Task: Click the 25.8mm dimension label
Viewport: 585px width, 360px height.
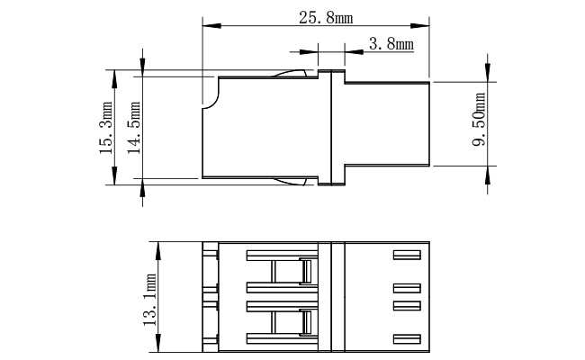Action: click(x=326, y=17)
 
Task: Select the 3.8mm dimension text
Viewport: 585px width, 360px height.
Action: click(x=391, y=44)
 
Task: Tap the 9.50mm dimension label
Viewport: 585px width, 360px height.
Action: click(x=479, y=120)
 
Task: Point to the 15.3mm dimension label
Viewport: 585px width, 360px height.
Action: click(x=106, y=128)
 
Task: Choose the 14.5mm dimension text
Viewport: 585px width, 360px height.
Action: click(x=133, y=128)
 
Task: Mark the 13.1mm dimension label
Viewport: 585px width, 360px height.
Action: click(x=149, y=300)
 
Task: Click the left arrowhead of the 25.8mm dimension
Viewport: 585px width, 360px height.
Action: click(x=211, y=26)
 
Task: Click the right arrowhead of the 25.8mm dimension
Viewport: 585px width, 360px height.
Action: click(x=420, y=26)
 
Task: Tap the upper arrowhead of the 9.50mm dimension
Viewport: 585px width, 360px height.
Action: click(x=488, y=73)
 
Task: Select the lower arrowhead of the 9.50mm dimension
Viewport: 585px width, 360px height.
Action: click(x=488, y=175)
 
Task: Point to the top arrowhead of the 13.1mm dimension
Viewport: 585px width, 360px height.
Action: click(x=158, y=251)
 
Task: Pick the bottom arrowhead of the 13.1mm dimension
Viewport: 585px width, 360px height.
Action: click(x=158, y=343)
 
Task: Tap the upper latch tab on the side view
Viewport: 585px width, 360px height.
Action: click(x=289, y=74)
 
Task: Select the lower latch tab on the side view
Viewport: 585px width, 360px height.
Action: click(x=289, y=181)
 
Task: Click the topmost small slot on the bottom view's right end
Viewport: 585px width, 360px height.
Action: click(x=407, y=256)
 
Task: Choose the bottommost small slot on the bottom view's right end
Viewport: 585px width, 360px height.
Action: click(x=407, y=339)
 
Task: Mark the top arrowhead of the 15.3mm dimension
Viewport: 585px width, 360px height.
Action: click(x=114, y=79)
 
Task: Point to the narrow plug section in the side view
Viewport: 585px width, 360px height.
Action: click(x=387, y=124)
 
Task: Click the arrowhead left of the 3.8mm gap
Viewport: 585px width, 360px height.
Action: click(x=309, y=52)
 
